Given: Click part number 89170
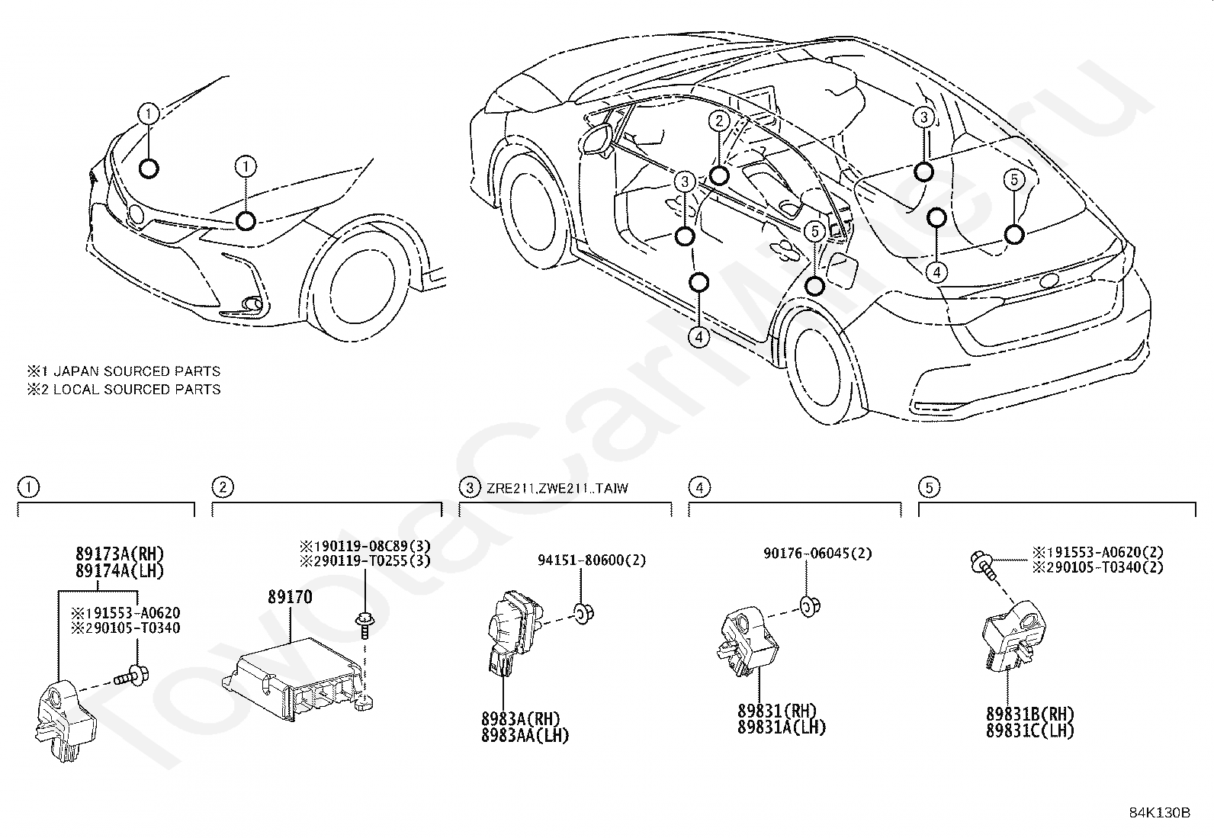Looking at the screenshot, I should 290,596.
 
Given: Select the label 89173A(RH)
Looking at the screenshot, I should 120,554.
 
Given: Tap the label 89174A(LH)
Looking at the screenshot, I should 120,570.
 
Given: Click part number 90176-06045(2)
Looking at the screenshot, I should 818,554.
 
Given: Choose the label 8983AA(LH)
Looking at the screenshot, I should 525,735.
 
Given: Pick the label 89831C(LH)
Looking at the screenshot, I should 1029,730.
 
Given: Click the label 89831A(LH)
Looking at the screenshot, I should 782,727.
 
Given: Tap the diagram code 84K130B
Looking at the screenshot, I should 1159,813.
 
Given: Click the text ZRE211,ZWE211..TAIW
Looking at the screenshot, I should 557,488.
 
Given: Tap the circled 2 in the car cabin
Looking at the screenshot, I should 718,119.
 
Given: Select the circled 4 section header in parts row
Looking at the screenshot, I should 699,486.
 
